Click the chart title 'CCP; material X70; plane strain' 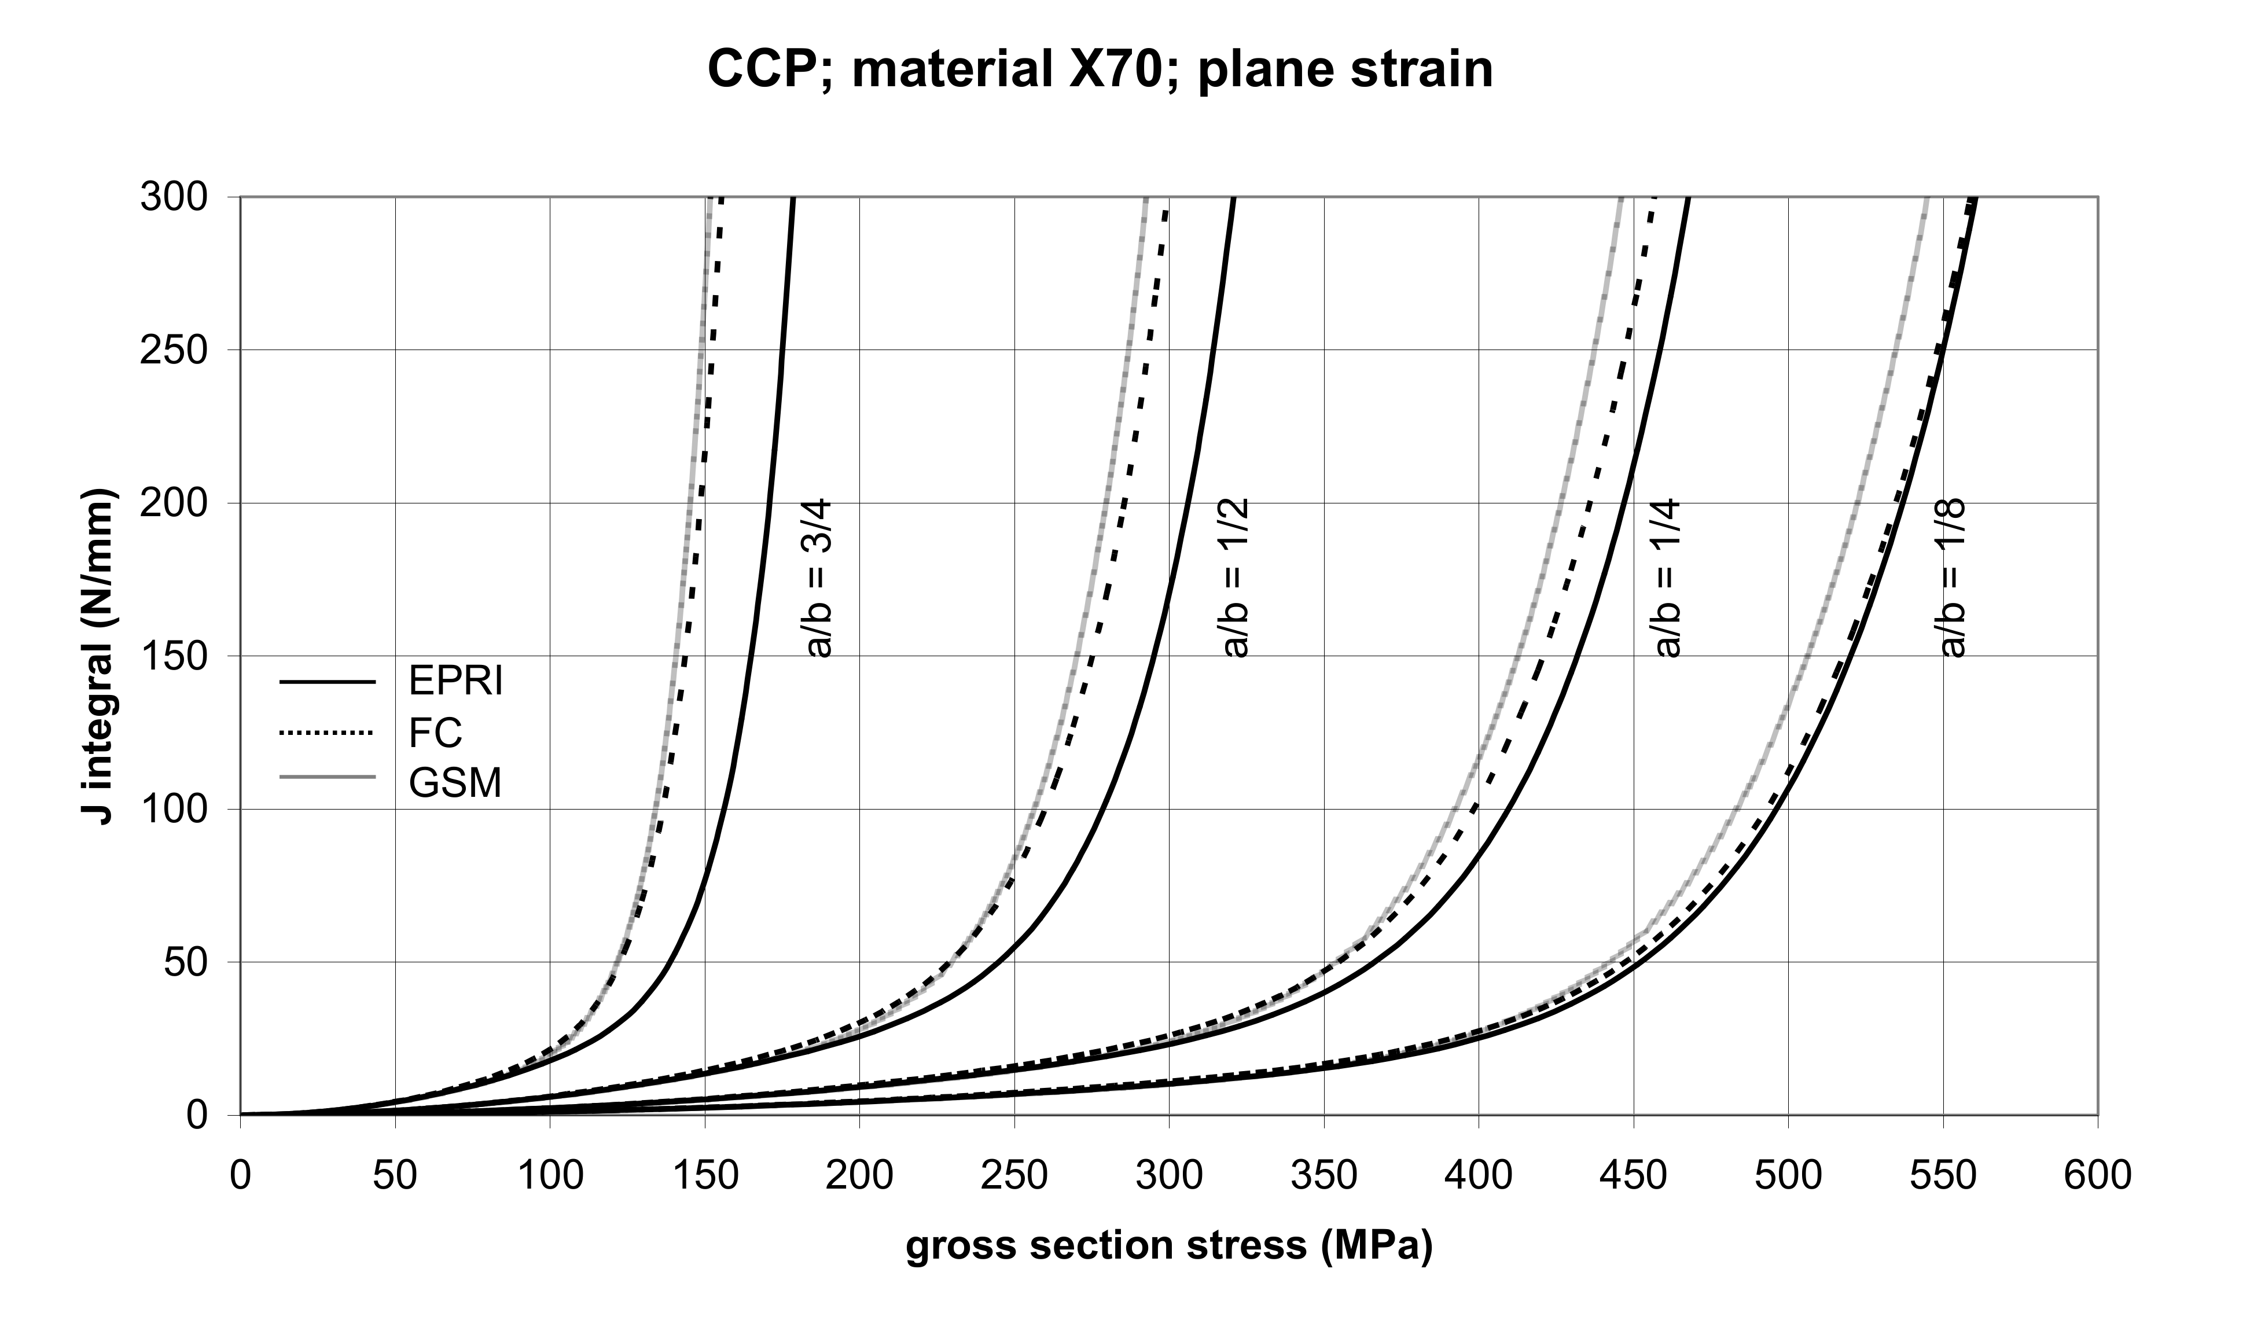(1100, 69)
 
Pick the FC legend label (436, 733)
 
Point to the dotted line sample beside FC (326, 733)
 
